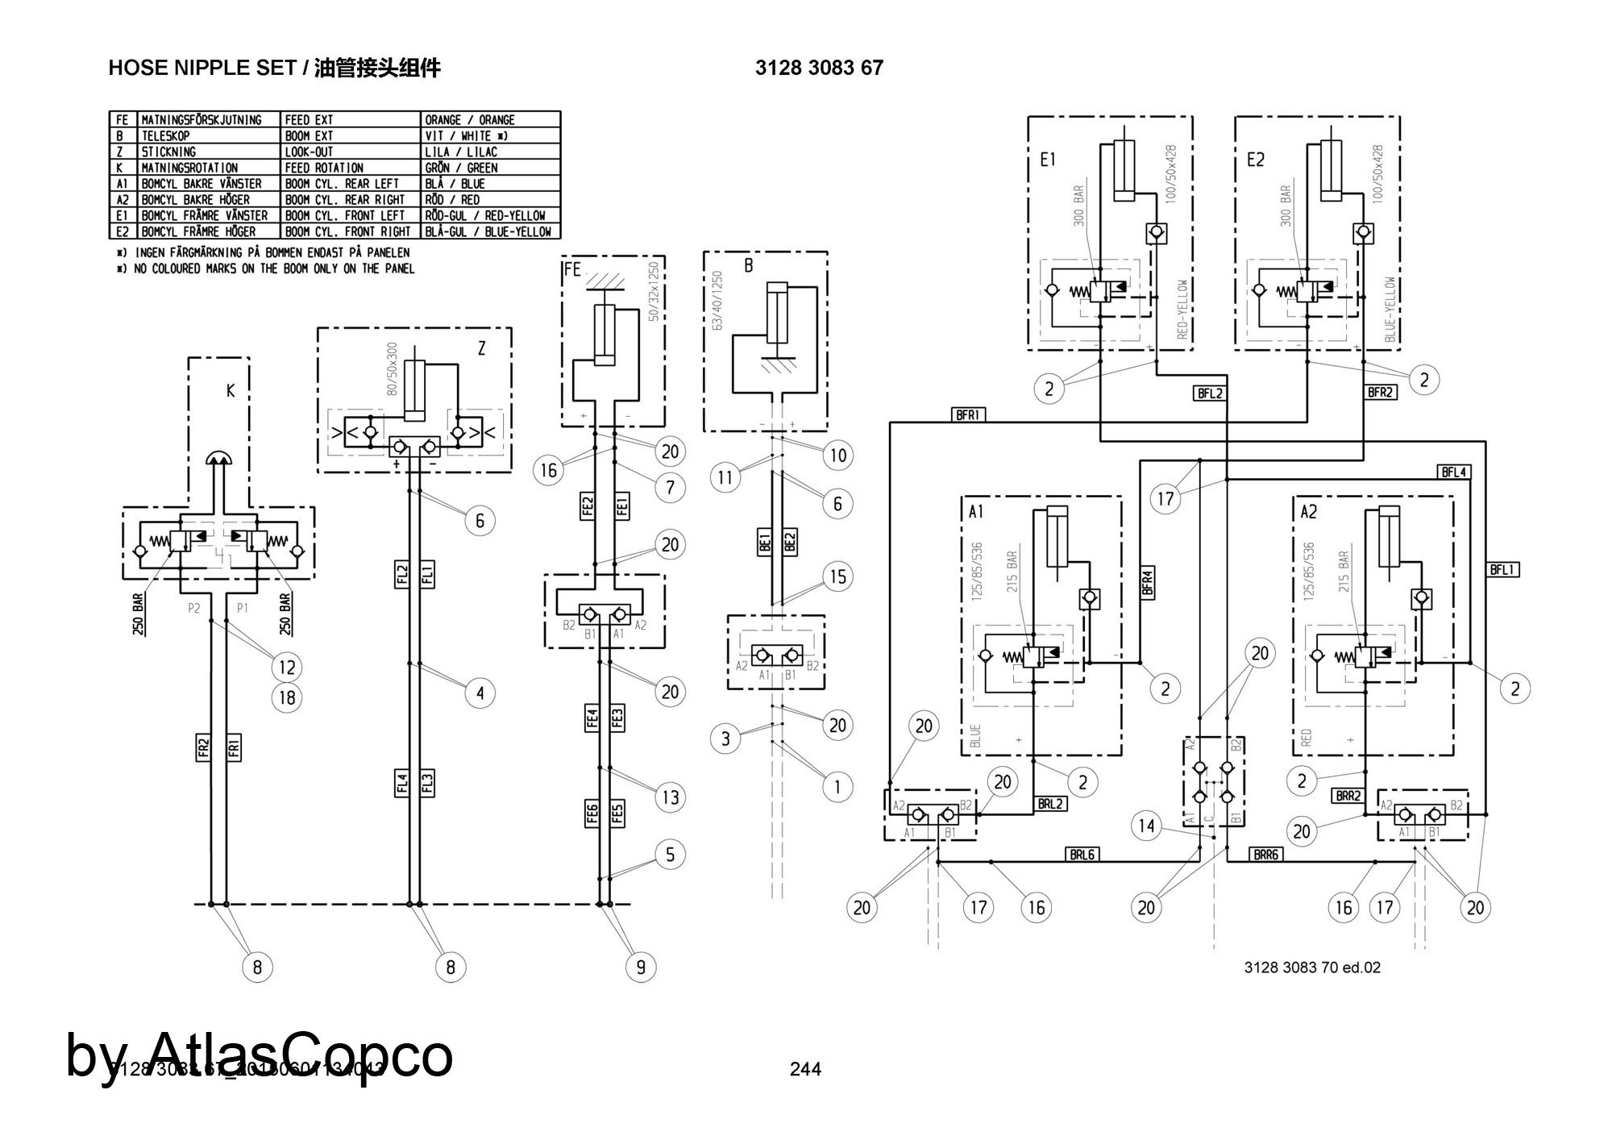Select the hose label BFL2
tap(1210, 393)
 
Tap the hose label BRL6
tap(1082, 854)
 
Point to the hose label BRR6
tap(1266, 854)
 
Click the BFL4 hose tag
tap(1454, 472)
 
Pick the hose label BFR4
tap(1148, 582)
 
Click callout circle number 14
tap(1146, 826)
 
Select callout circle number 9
tap(641, 967)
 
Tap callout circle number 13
tap(671, 797)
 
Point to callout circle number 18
tap(288, 697)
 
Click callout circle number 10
tap(838, 456)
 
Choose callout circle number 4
tap(480, 693)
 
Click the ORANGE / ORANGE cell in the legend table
tap(490, 119)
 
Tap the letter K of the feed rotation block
tap(231, 392)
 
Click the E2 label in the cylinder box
tap(1256, 160)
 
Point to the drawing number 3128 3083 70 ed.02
tap(1312, 967)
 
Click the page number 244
tap(805, 1069)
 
